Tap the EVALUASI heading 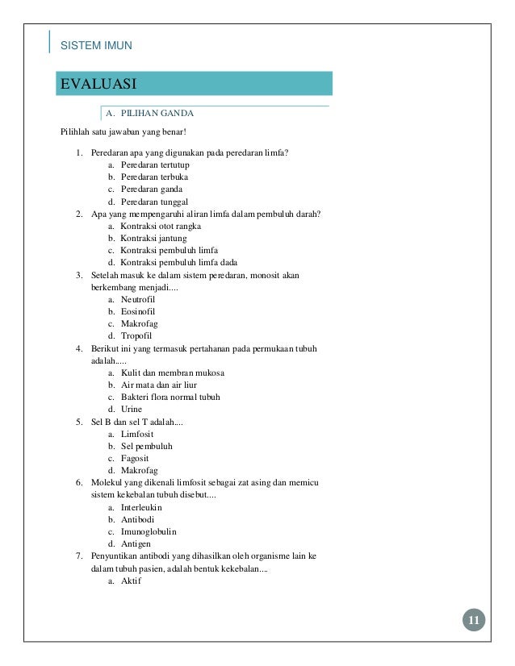pyautogui.click(x=96, y=83)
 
